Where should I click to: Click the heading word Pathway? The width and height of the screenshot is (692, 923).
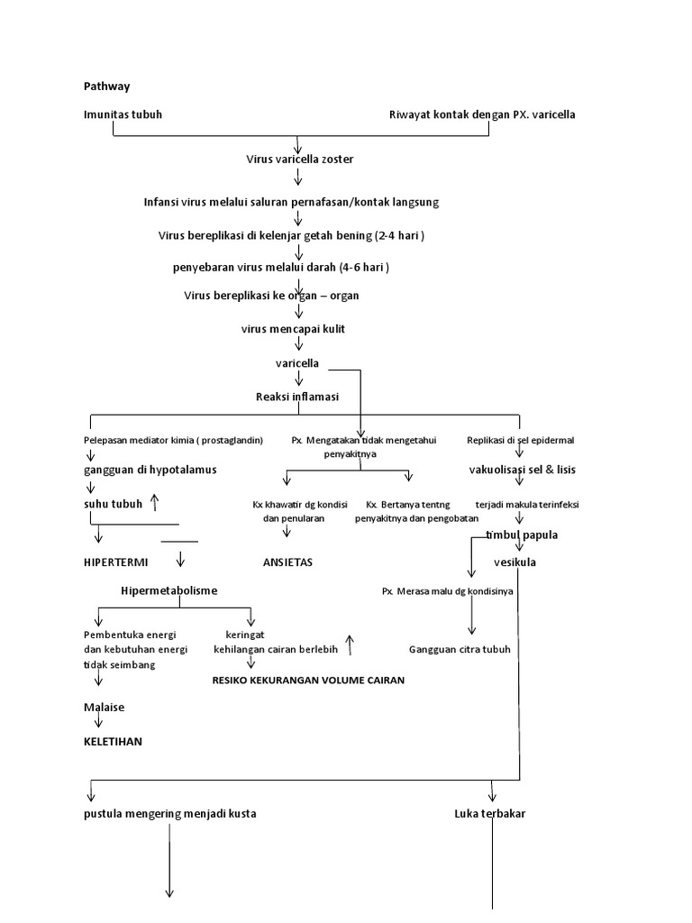(106, 87)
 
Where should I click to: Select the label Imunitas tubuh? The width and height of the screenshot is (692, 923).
(123, 114)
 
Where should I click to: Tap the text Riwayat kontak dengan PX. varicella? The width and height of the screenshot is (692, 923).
(482, 114)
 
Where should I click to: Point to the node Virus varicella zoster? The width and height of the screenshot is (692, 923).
(300, 159)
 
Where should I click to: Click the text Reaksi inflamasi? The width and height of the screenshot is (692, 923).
(297, 397)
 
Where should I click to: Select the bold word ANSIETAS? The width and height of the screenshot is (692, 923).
(287, 562)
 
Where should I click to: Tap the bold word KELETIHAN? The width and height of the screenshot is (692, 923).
(113, 742)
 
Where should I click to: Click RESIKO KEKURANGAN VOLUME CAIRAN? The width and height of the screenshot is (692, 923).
(308, 681)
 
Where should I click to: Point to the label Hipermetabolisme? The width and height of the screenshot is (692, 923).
(168, 590)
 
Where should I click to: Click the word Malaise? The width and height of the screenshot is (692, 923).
(104, 708)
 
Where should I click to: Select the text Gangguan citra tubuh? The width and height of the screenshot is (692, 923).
(460, 650)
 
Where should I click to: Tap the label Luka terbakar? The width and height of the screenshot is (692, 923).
(490, 814)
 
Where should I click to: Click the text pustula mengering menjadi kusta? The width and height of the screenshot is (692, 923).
(169, 814)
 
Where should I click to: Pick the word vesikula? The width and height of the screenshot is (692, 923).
(515, 562)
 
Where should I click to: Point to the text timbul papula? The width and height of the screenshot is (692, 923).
(522, 535)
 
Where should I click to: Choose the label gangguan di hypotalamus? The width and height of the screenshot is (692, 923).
(150, 470)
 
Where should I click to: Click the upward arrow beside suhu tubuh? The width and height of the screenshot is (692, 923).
(155, 503)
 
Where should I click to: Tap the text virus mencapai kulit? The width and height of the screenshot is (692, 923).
(293, 329)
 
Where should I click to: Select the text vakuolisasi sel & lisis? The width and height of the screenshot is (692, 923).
(523, 470)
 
